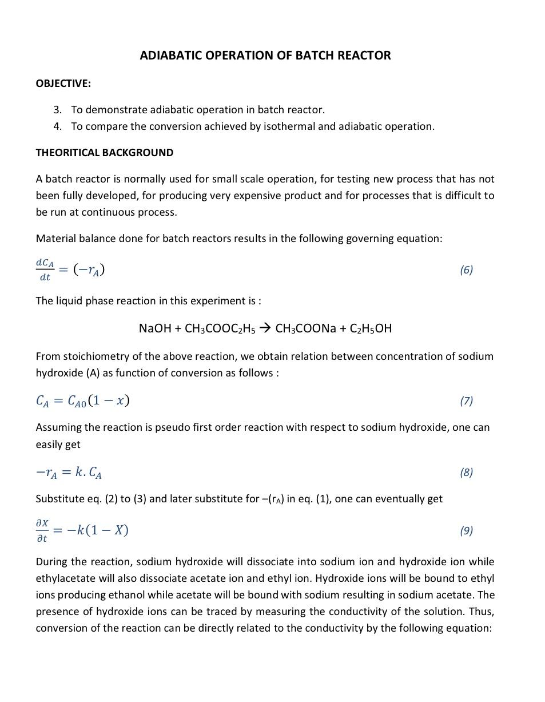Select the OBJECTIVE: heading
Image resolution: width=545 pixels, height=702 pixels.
coord(63,84)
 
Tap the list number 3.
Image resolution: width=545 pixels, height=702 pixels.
coord(57,110)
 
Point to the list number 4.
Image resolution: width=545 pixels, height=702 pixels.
coord(57,126)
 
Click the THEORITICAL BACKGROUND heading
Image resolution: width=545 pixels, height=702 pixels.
coord(104,153)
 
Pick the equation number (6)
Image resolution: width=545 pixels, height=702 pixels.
coord(466,269)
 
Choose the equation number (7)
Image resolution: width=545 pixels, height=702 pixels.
coord(466,400)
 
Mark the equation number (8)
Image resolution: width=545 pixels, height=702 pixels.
coord(466,472)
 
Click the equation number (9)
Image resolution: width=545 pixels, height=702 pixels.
coord(466,530)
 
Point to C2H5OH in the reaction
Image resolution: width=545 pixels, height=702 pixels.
coord(371,328)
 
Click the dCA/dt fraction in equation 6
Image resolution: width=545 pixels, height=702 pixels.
coord(45,269)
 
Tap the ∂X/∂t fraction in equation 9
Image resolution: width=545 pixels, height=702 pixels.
coord(42,530)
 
